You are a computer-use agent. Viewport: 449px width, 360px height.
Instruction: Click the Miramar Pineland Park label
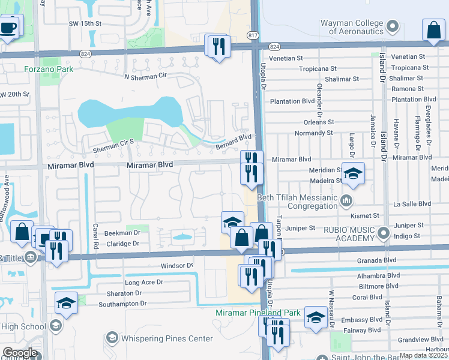pyautogui.click(x=258, y=313)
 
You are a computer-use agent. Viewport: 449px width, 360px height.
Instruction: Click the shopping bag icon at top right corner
pyautogui.click(x=433, y=30)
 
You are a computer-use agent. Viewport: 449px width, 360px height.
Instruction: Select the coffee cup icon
pyautogui.click(x=8, y=27)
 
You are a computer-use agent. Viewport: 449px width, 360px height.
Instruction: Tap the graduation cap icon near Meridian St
pyautogui.click(x=354, y=173)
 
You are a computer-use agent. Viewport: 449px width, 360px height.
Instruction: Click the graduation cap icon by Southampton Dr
pyautogui.click(x=66, y=303)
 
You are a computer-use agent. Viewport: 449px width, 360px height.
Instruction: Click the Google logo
pyautogui.click(x=19, y=353)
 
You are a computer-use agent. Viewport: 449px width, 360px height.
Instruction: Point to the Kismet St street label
pyautogui.click(x=369, y=215)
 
